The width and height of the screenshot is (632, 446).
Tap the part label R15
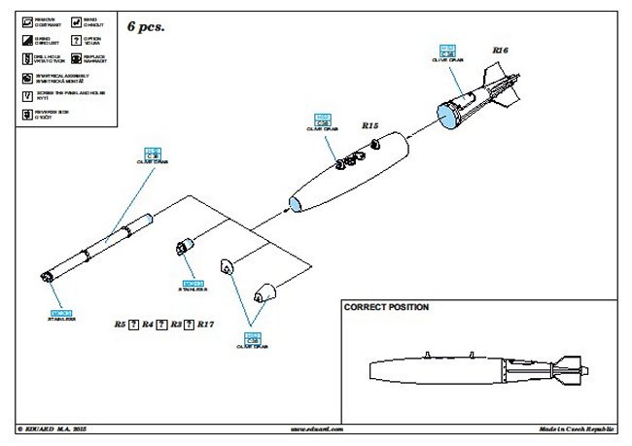370,125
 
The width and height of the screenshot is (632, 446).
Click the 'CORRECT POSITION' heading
386,306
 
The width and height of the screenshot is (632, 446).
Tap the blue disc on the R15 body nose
293,204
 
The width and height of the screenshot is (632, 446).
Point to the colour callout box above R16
448,51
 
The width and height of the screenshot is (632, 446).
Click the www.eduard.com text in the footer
314,428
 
